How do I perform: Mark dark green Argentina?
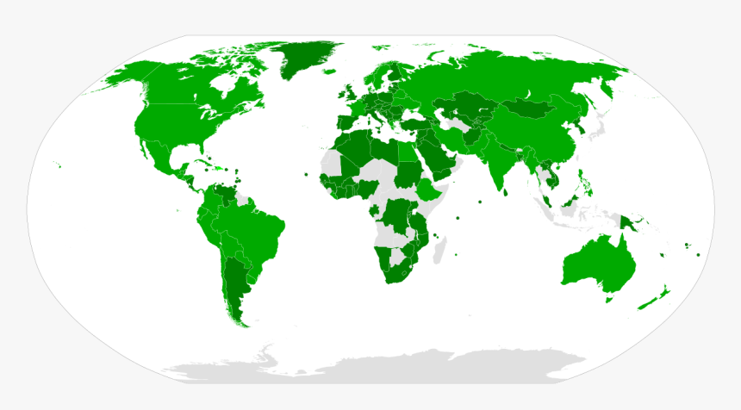pyautogui.click(x=234, y=284)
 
